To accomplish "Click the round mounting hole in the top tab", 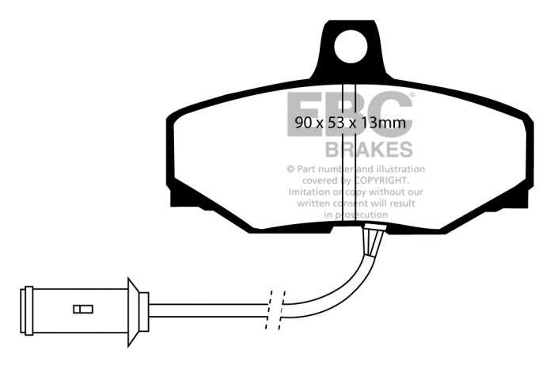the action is [351, 47].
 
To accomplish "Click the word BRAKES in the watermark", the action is [369, 149].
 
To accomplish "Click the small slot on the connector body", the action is [83, 310].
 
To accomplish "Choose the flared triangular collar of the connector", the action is [133, 311].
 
